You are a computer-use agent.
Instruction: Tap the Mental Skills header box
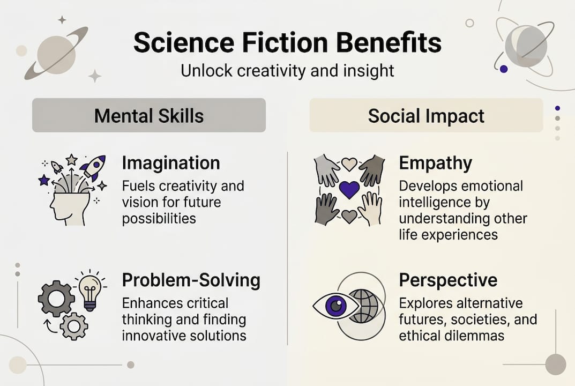(149, 115)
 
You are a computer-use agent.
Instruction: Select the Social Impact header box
(426, 115)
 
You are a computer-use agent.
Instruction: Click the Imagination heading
(171, 163)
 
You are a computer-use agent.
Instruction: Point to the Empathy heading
(435, 164)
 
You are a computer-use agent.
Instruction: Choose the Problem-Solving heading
(191, 280)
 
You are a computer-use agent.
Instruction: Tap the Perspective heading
(448, 281)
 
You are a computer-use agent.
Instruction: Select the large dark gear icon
(56, 298)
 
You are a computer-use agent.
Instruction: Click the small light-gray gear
(74, 326)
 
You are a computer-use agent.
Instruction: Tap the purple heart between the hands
(349, 189)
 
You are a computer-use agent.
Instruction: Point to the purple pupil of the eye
(336, 305)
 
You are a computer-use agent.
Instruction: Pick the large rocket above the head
(93, 167)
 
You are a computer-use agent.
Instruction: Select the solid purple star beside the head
(44, 180)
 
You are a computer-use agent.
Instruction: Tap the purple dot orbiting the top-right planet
(504, 69)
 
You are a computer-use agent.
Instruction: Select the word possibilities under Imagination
(159, 219)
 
